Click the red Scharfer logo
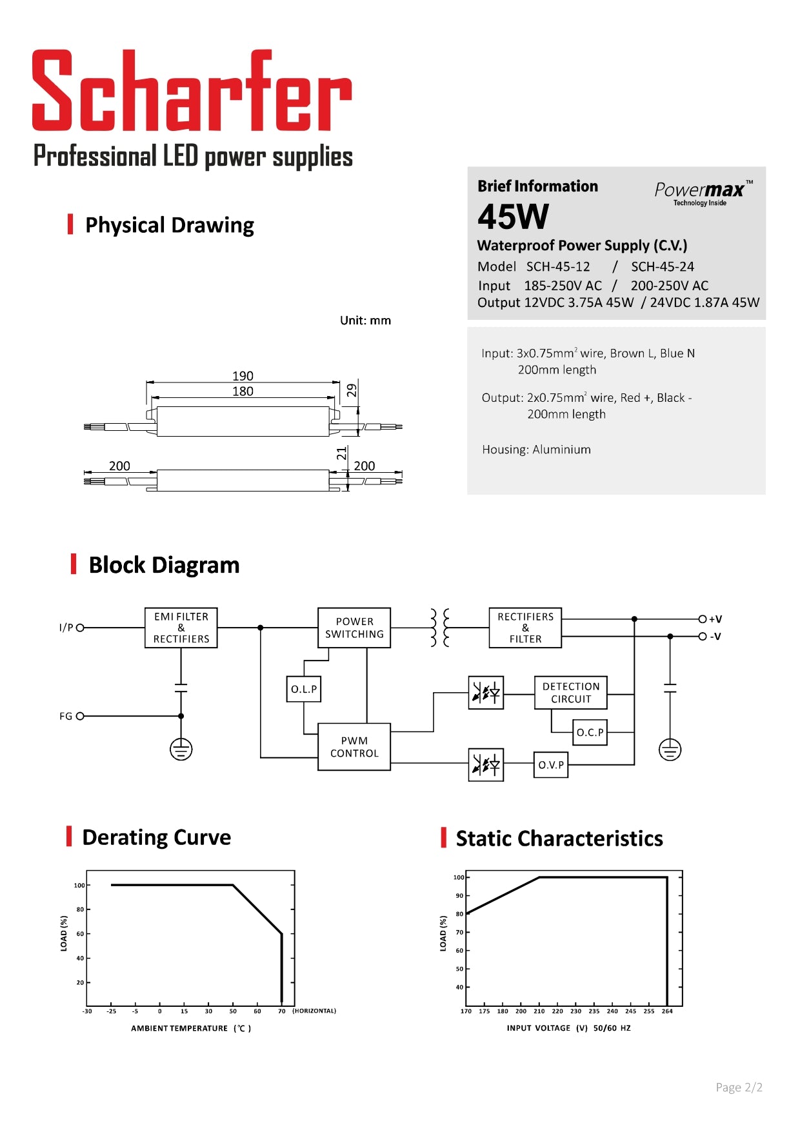pos(192,91)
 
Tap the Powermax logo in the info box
pos(703,192)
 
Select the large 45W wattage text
pos(513,217)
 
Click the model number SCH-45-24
pos(662,266)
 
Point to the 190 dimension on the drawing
pos(243,375)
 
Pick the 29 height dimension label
pos(352,390)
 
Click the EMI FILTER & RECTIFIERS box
pos(181,628)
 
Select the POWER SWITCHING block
pos(354,628)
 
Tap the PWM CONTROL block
pos(354,747)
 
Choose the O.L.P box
pos(304,689)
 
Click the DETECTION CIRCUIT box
pos(571,693)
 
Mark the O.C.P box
pos(590,733)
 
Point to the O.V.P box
pos(551,765)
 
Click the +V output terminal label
pos(715,619)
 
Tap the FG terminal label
pos(66,716)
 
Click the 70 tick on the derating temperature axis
pos(281,1011)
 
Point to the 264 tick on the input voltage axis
pos(667,1011)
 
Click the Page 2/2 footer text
pos(739,1087)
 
